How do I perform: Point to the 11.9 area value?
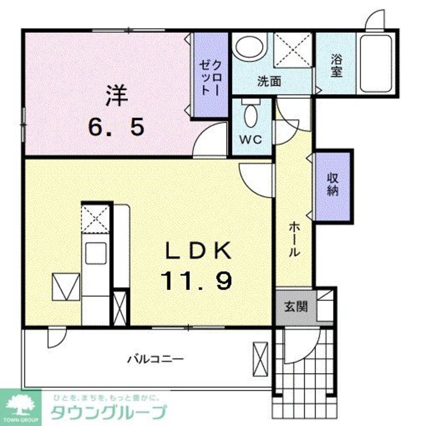click(x=196, y=281)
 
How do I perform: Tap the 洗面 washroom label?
click(x=269, y=82)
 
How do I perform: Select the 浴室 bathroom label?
click(x=336, y=67)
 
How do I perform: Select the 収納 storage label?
click(x=333, y=184)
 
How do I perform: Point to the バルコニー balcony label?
click(x=156, y=359)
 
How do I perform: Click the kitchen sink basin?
click(x=96, y=253)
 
